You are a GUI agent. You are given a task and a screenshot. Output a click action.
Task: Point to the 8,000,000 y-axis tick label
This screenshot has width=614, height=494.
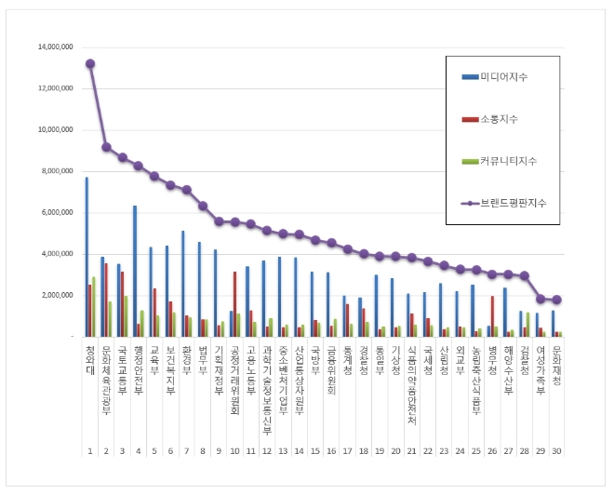pyautogui.click(x=57, y=171)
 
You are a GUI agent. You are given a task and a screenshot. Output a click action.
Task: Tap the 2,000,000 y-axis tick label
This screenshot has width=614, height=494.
pyautogui.click(x=57, y=295)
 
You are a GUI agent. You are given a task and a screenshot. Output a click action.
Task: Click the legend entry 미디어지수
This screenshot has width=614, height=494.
pyautogui.click(x=505, y=76)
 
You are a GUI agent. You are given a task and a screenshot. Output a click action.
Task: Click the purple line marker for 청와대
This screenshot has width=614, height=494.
pyautogui.click(x=90, y=63)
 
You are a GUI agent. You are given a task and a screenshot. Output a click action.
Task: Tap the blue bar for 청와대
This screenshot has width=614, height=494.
pyautogui.click(x=87, y=256)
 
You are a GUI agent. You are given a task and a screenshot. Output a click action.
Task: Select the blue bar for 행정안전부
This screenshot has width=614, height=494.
pyautogui.click(x=134, y=271)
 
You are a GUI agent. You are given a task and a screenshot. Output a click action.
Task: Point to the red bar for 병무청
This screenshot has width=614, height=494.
pyautogui.click(x=492, y=315)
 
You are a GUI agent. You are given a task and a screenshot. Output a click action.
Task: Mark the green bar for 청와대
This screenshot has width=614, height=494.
pyautogui.click(x=94, y=306)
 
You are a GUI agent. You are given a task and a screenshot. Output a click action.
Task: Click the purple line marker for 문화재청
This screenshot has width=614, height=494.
pyautogui.click(x=556, y=300)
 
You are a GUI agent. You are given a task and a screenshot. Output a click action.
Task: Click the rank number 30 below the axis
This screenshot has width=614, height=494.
pyautogui.click(x=556, y=450)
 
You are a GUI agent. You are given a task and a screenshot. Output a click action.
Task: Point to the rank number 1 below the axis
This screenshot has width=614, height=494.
pyautogui.click(x=90, y=450)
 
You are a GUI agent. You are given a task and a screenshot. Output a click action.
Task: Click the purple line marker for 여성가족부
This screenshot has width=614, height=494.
pyautogui.click(x=541, y=299)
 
